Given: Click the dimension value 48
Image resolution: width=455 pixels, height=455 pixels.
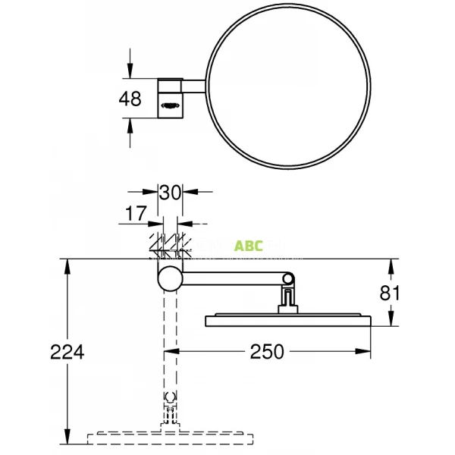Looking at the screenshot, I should (x=130, y=99).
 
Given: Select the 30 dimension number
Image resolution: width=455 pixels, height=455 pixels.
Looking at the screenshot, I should (x=171, y=192).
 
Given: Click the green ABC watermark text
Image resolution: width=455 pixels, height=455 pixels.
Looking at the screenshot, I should (x=249, y=246).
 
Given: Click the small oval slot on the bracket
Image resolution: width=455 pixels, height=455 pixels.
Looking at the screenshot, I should (x=171, y=107).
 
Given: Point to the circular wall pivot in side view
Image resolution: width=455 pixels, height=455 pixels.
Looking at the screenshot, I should (x=171, y=278).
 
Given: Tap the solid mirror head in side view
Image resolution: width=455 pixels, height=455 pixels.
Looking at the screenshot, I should (x=288, y=319).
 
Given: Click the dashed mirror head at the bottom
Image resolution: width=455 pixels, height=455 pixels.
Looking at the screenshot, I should (x=171, y=437).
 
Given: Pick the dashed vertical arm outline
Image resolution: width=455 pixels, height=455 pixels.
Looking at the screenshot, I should (x=171, y=341).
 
